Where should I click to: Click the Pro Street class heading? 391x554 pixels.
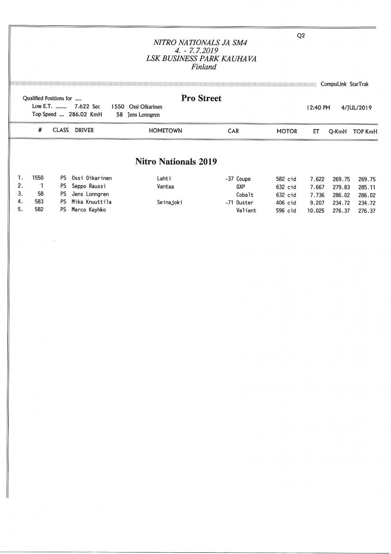[201, 98]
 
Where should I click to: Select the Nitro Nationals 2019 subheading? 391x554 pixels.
[176, 162]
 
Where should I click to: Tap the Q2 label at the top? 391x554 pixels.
[302, 36]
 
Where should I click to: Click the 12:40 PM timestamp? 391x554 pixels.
[318, 108]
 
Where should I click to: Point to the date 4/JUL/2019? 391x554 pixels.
[356, 108]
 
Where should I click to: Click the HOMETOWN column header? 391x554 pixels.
[166, 131]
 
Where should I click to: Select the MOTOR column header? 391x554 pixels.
[287, 131]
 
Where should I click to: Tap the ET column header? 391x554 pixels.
[316, 131]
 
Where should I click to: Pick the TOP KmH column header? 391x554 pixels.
[365, 131]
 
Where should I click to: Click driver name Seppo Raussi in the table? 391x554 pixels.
[89, 187]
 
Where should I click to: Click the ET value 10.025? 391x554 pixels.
[316, 210]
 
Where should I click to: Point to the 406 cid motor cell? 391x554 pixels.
[286, 202]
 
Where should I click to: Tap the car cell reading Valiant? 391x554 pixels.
[246, 210]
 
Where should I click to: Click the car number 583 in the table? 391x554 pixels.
[39, 202]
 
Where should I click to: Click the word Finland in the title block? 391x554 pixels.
[203, 67]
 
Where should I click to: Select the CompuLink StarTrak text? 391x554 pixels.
[344, 84]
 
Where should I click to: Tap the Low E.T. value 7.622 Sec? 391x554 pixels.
[87, 107]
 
